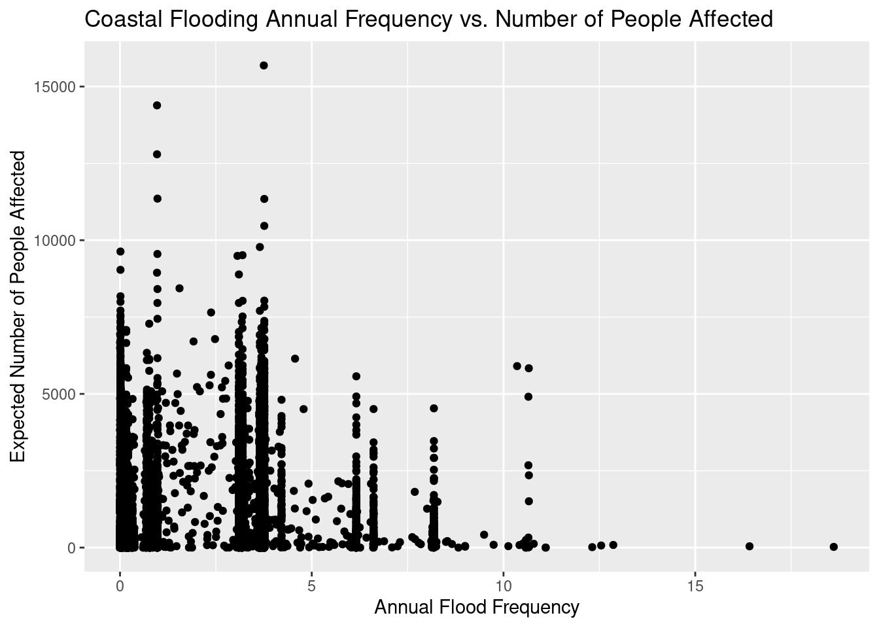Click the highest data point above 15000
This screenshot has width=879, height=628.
point(264,65)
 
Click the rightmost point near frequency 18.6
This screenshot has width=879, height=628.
point(833,547)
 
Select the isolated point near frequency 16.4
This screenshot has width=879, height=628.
point(750,546)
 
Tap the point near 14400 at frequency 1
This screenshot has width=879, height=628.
point(157,105)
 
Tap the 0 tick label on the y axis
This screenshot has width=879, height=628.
point(72,548)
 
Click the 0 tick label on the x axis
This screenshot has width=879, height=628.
point(120,584)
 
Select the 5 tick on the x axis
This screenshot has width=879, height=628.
point(312,584)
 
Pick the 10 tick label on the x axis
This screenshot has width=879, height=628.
point(504,584)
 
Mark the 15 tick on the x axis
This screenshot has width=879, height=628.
point(695,584)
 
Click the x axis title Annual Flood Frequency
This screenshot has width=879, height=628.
point(476,608)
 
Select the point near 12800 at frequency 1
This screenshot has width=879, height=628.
point(157,154)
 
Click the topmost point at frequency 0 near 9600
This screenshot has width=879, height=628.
point(120,251)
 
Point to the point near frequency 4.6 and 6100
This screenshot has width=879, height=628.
point(295,358)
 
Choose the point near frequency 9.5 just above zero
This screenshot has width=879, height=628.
point(484,534)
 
